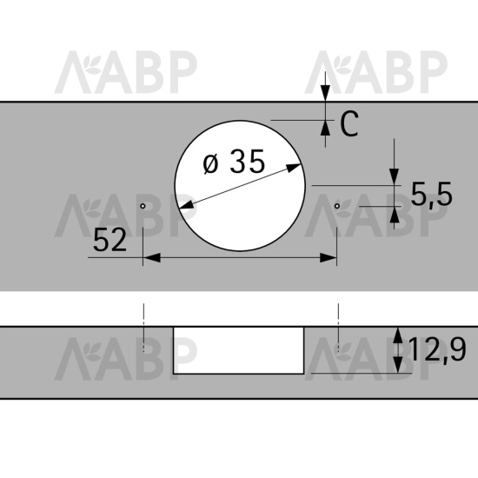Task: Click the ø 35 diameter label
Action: tap(234, 162)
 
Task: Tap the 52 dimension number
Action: tap(110, 241)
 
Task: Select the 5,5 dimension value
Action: tap(431, 195)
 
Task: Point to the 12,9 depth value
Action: tap(437, 350)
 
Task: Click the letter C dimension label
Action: tap(349, 123)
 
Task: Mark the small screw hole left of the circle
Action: tap(143, 206)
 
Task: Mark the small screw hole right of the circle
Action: tap(336, 206)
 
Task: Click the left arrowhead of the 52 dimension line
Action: tap(151, 257)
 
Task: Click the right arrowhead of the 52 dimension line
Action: tap(328, 257)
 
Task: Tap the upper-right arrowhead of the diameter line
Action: tap(294, 168)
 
